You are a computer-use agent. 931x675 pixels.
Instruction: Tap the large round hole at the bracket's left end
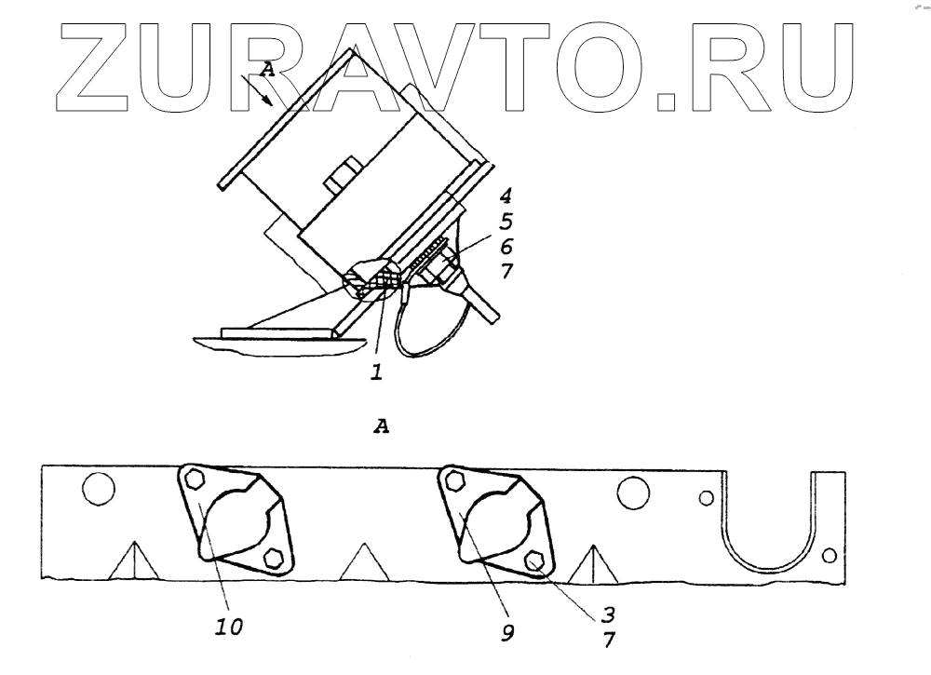(x=97, y=487)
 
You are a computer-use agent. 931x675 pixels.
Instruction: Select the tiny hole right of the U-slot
(x=829, y=556)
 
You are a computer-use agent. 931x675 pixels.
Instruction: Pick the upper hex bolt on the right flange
(x=455, y=480)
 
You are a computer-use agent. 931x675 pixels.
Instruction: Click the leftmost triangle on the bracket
(x=131, y=562)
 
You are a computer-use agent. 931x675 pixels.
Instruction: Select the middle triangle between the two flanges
(x=360, y=562)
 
